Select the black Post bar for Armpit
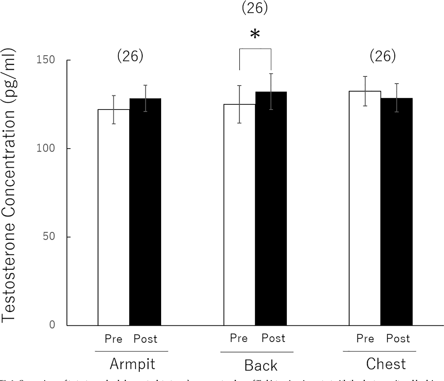pos(145,212)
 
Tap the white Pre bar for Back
pos(239,215)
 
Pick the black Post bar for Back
pos(271,208)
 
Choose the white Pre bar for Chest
pos(365,208)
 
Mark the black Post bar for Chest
pos(396,212)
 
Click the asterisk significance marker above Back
pos(255,34)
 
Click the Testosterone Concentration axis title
pos(9,185)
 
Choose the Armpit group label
pos(132,364)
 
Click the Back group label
pos(261,365)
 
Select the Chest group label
pos(386,364)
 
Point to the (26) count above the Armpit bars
pos(130,57)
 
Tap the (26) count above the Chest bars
pos(383,57)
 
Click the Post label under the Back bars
pos(273,338)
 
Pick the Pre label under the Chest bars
pos(365,339)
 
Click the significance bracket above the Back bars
pos(255,49)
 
